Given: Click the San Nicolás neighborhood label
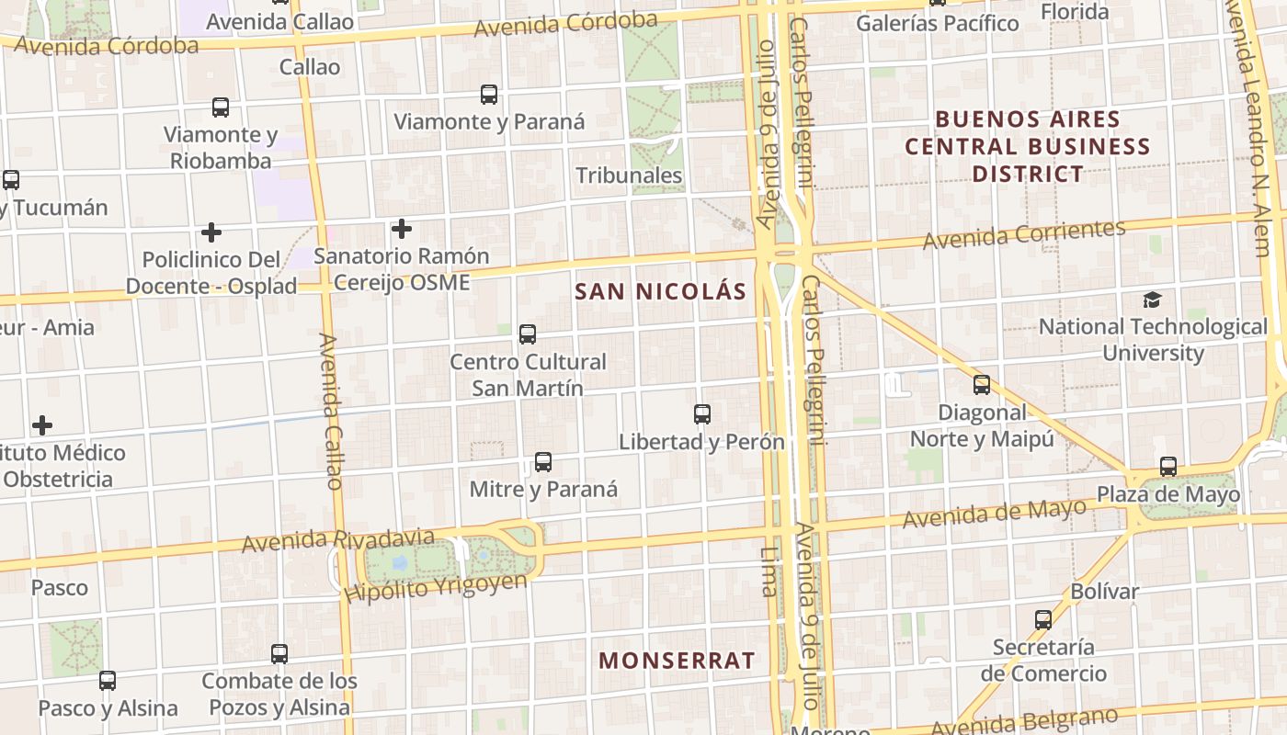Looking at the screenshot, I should [660, 292].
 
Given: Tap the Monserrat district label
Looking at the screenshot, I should [677, 661].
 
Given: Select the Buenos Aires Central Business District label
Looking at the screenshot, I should [1028, 146].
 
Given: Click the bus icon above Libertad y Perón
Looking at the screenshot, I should [702, 414].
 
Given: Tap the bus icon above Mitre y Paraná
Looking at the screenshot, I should [543, 461].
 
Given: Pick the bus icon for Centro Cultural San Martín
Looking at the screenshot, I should [528, 334].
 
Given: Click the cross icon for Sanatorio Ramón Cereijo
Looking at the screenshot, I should [402, 229].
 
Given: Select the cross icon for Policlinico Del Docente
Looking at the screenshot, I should [211, 232].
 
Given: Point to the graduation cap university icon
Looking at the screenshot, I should [1152, 300].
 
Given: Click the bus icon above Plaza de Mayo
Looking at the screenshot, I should [1167, 467].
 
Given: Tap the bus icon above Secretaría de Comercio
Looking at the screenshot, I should [1042, 620].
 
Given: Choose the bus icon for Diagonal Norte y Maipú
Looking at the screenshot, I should [982, 385].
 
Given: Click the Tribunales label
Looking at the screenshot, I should [629, 175].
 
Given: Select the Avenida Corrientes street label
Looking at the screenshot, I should [1024, 235].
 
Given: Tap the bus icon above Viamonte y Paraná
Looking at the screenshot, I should [489, 94].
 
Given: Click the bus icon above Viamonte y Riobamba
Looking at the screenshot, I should [221, 107].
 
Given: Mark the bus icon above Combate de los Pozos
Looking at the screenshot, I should [279, 654].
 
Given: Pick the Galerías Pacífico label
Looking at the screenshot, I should [938, 23].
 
